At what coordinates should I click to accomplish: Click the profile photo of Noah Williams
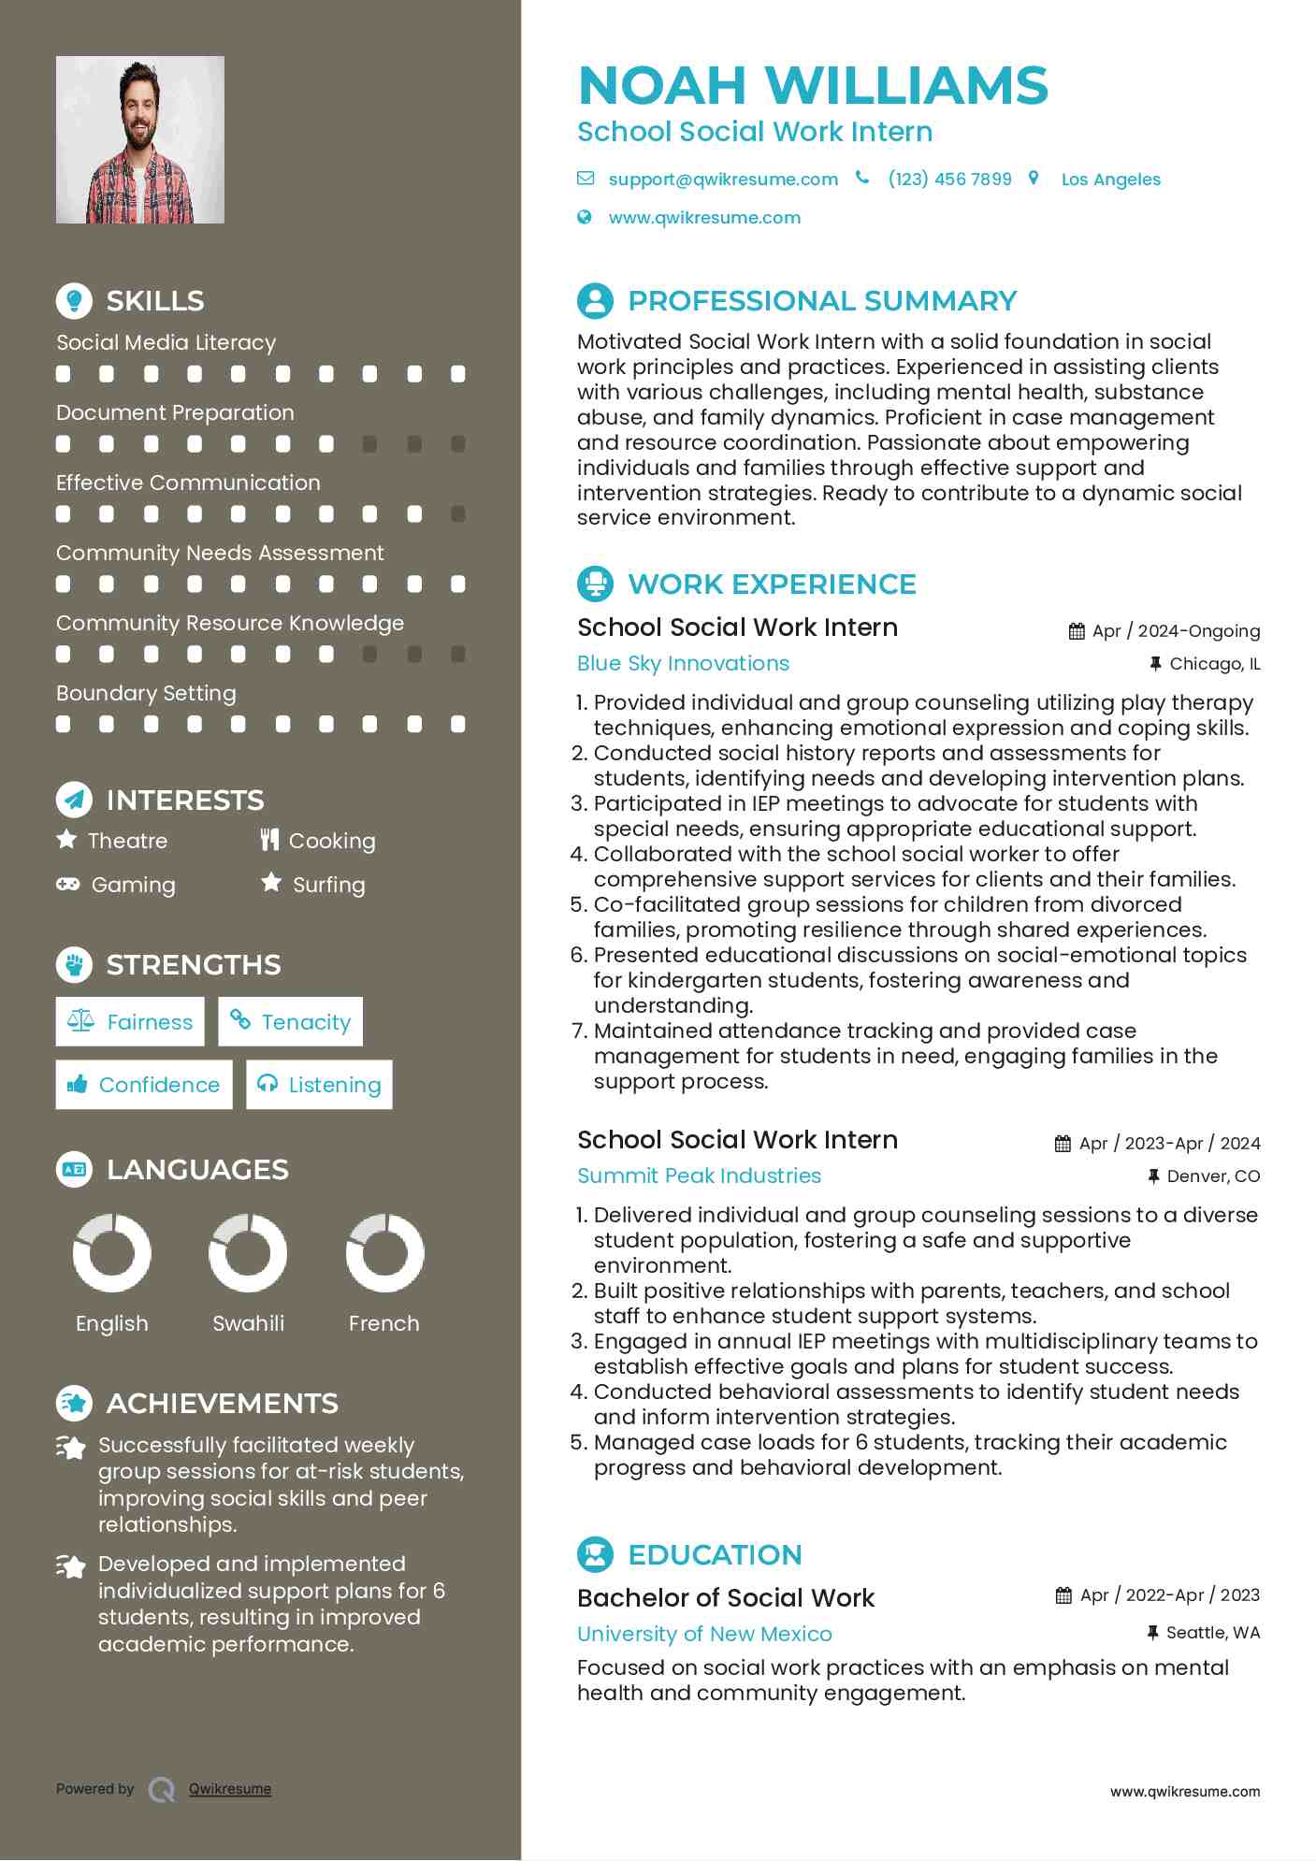(140, 140)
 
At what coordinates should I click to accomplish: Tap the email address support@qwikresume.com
(722, 179)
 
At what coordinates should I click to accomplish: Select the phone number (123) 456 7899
(949, 179)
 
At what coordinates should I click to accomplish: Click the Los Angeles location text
(1110, 180)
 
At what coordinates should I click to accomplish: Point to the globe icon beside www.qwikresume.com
(585, 217)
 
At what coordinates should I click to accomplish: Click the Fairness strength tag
(130, 1021)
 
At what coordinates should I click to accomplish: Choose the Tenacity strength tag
(290, 1021)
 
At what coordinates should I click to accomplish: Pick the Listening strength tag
(319, 1085)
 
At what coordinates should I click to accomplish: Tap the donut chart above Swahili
(248, 1252)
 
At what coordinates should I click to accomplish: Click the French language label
(383, 1323)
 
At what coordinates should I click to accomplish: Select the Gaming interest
(133, 885)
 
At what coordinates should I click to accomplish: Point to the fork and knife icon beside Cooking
(269, 840)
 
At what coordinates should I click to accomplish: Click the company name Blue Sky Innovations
(683, 663)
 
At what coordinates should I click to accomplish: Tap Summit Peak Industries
(699, 1176)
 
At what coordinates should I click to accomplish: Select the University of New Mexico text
(704, 1634)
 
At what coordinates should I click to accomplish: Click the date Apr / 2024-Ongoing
(1175, 631)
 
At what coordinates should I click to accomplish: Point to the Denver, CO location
(1212, 1176)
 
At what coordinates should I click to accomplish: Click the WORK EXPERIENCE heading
(772, 584)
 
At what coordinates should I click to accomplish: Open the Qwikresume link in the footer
(230, 1789)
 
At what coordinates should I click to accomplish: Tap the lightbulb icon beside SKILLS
(75, 301)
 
